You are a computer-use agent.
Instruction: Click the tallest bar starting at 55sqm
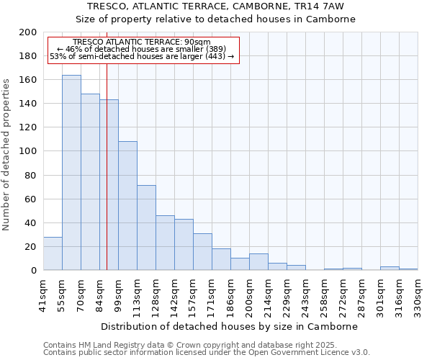coord(71,173)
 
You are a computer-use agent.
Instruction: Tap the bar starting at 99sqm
coord(127,206)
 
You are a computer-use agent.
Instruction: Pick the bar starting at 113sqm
coord(146,228)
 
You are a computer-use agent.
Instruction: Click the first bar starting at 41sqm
coord(53,253)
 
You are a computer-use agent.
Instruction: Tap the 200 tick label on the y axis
coord(28,32)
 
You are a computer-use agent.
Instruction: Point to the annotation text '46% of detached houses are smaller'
coord(141,49)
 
